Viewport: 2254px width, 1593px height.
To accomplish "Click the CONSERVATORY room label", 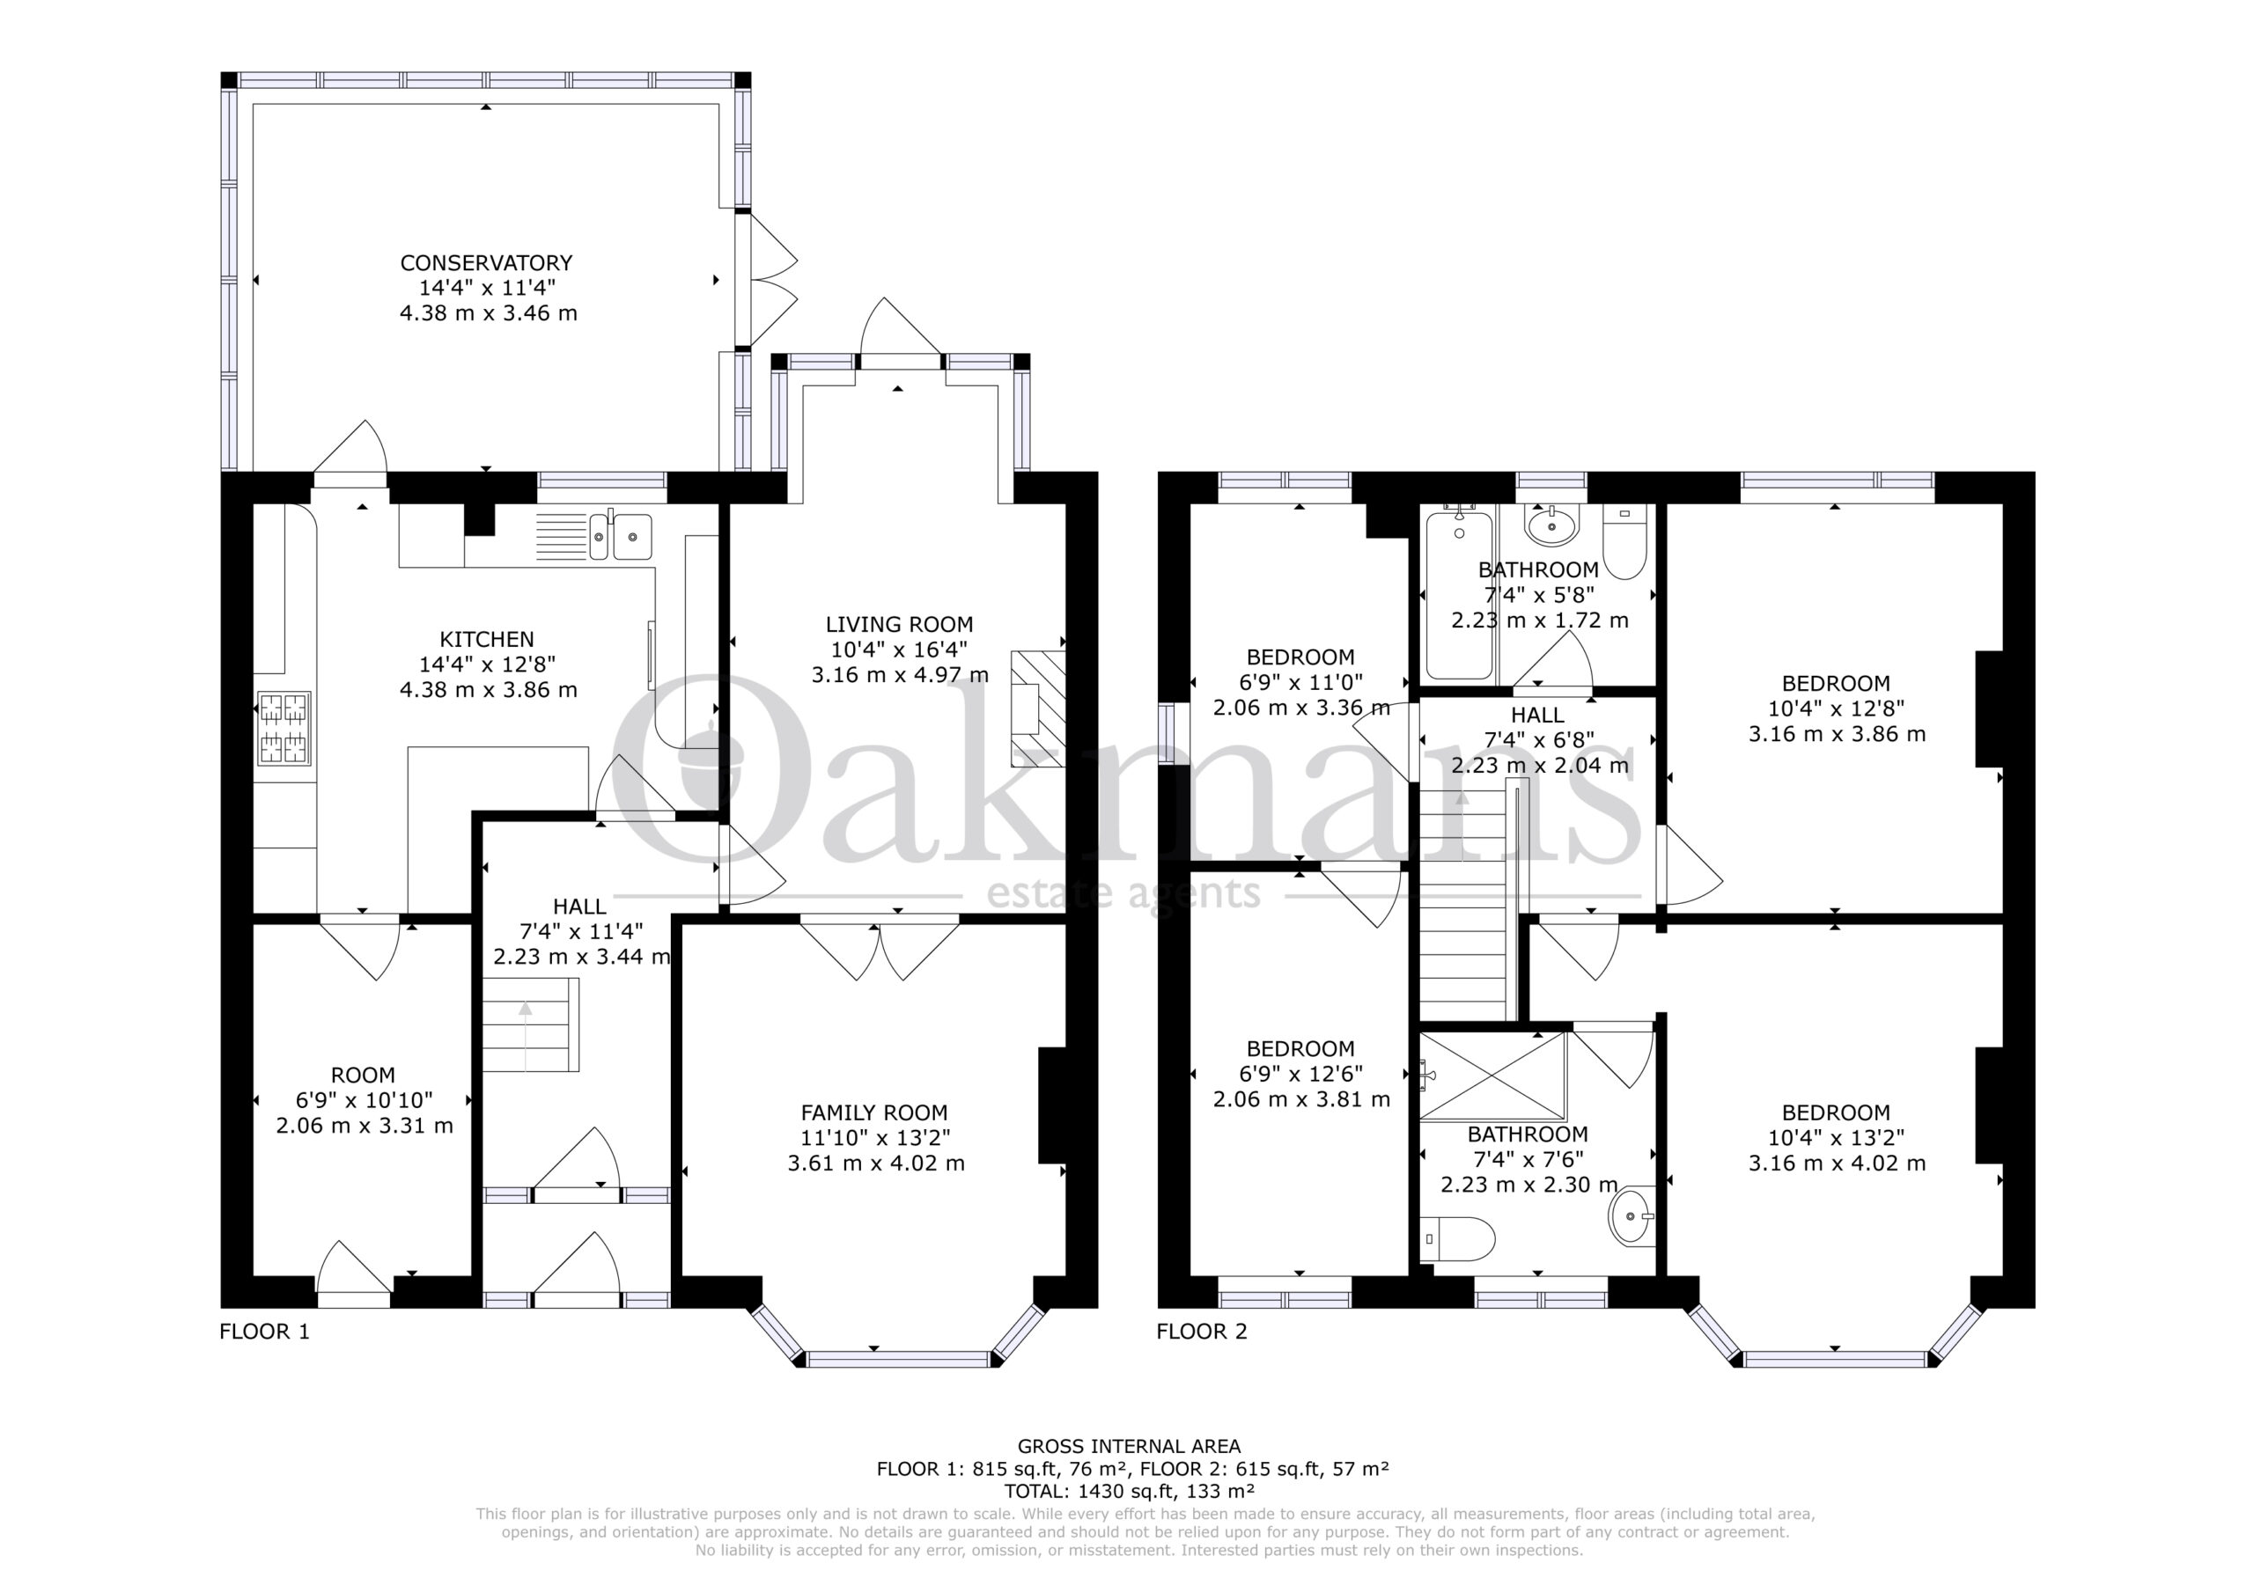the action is [x=486, y=263].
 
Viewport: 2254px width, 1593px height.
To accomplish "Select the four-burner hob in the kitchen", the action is [x=284, y=728].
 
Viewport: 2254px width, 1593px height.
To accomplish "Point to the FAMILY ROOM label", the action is [x=874, y=1113].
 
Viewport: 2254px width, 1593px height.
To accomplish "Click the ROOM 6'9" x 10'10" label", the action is [x=364, y=1075].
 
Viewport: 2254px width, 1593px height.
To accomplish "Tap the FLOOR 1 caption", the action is [x=264, y=1332].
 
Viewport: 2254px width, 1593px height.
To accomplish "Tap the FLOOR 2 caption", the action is [x=1202, y=1332].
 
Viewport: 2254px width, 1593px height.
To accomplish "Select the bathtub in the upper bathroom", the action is [x=1460, y=593].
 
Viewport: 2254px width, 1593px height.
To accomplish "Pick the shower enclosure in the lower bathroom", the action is [x=1492, y=1075].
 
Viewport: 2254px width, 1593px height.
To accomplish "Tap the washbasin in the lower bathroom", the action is [x=1632, y=1215].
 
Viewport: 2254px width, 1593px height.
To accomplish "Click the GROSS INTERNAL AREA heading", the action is [x=1129, y=1446].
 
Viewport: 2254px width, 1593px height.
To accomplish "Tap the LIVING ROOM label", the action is [x=899, y=624].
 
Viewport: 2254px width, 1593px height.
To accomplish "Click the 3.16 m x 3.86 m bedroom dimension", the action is [x=1837, y=734].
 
